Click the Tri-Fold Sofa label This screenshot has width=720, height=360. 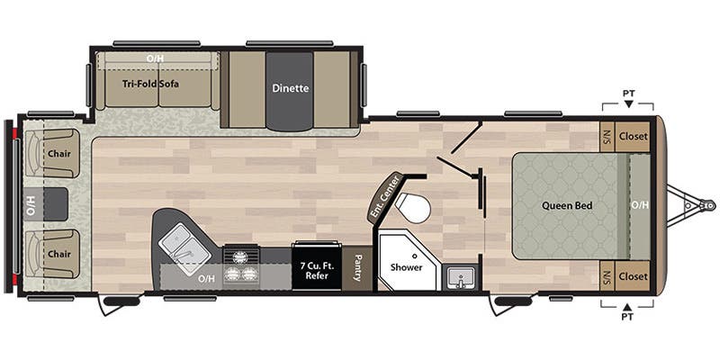(x=150, y=85)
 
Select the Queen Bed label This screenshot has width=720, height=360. (x=567, y=205)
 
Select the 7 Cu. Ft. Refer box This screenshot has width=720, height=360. (x=315, y=268)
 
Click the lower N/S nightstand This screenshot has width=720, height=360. (x=607, y=276)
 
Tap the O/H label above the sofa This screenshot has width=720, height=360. (x=156, y=58)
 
